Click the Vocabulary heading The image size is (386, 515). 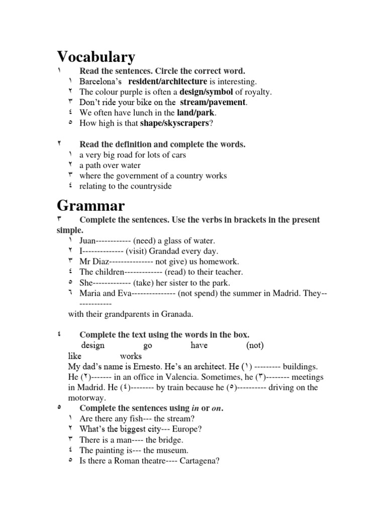96,57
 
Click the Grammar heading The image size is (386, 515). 90,205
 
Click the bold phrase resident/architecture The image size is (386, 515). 167,81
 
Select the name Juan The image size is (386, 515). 87,241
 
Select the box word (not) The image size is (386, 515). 255,346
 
